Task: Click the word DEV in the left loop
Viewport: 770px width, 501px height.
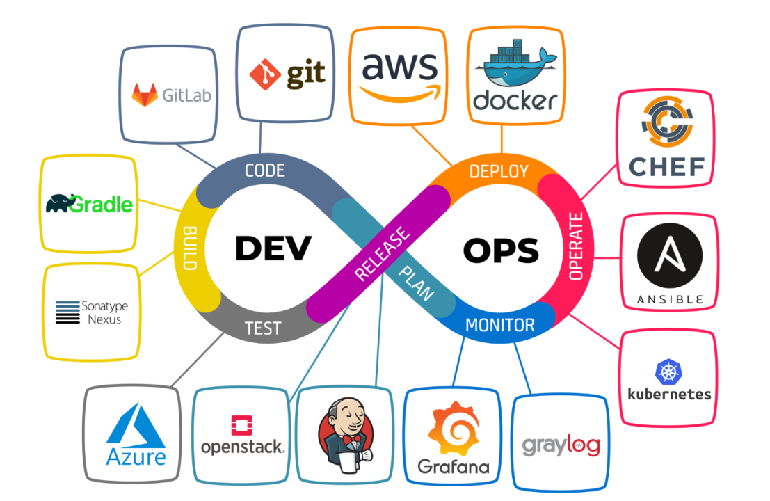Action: pos(273,248)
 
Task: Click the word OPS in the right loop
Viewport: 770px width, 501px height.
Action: pos(500,250)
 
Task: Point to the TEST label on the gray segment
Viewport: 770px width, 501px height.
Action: pos(263,328)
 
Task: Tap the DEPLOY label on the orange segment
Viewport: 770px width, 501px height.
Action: pos(499,171)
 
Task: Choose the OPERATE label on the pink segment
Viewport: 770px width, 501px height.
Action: pos(575,246)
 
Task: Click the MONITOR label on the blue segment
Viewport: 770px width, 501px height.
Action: pos(499,325)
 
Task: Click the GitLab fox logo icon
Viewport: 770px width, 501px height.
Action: pos(145,95)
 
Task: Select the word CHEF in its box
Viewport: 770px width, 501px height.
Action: pos(666,166)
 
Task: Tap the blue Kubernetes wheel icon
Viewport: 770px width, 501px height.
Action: pos(668,372)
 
